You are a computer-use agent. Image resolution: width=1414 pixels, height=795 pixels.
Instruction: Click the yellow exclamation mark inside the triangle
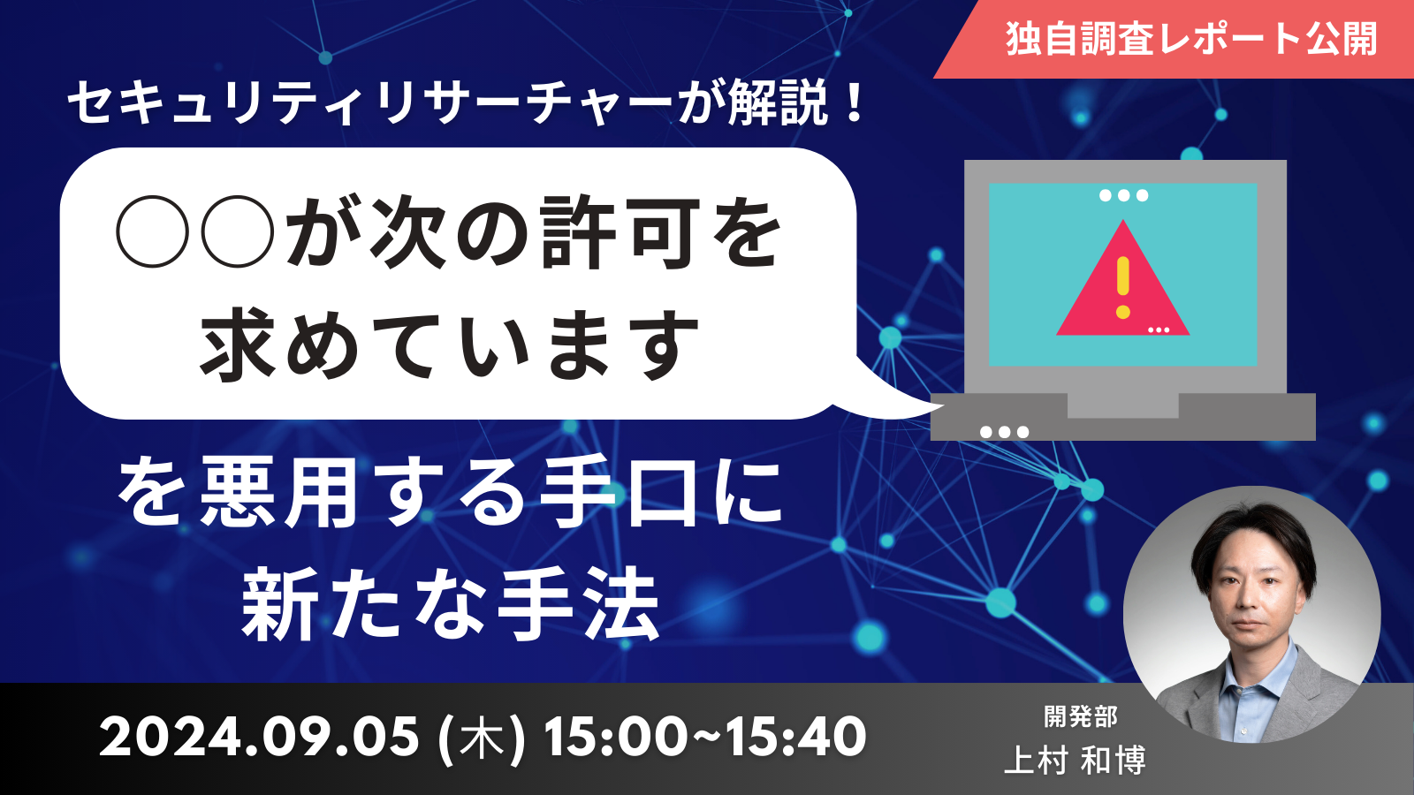(1122, 287)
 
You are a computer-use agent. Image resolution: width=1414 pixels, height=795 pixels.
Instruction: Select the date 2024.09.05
(259, 737)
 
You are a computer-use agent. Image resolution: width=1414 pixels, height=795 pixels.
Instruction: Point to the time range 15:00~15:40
(705, 737)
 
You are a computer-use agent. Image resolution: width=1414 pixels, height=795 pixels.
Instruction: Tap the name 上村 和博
(1075, 760)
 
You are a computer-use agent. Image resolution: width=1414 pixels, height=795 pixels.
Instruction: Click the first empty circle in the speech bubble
(153, 231)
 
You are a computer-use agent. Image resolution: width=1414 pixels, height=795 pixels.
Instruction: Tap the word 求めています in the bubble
(450, 345)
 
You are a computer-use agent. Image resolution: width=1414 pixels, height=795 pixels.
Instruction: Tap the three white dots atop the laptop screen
(1123, 195)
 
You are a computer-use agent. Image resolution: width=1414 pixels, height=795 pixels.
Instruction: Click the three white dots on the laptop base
(1004, 432)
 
